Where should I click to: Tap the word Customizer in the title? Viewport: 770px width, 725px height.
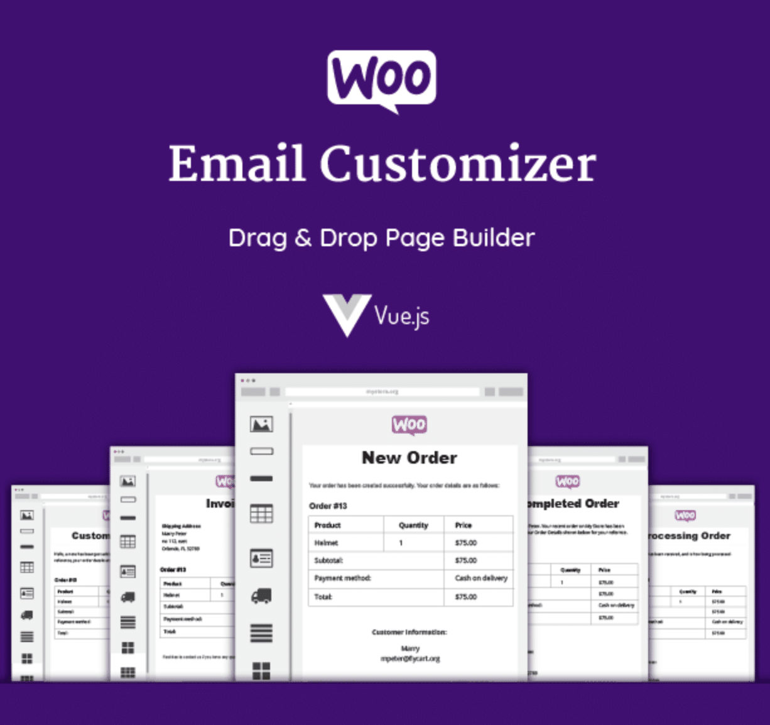pos(458,163)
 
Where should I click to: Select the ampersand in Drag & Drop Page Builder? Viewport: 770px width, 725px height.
pos(303,237)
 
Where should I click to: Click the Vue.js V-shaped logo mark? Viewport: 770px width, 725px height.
pos(345,314)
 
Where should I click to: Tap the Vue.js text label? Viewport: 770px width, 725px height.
pos(402,315)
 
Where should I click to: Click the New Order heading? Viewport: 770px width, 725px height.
pos(409,457)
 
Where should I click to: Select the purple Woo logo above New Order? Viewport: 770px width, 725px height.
pos(409,425)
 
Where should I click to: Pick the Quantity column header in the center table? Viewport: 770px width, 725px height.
pos(413,525)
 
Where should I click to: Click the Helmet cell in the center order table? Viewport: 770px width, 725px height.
pos(326,542)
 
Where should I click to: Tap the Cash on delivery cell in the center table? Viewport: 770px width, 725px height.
pos(481,578)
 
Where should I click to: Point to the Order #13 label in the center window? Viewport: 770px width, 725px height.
pos(328,505)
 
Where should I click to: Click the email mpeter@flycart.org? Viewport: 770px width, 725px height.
pos(410,658)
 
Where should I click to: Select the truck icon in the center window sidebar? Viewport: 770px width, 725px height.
pos(261,596)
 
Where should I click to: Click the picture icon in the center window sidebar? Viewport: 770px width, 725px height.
pos(261,424)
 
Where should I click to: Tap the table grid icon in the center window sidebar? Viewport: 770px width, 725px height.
pos(261,514)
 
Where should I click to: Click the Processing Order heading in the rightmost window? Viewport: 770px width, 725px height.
pos(689,535)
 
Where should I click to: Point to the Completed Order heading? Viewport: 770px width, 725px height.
pos(573,503)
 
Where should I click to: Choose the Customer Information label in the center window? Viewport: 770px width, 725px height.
pos(409,632)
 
